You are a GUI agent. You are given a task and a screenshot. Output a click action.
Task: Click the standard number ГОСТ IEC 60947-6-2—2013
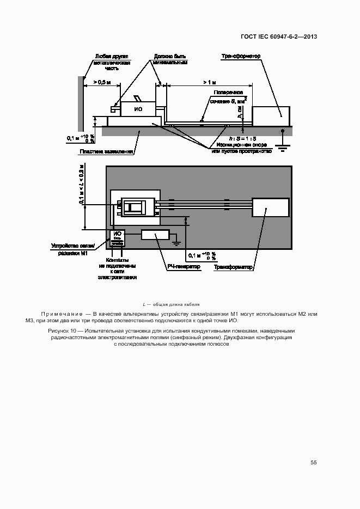point(279,37)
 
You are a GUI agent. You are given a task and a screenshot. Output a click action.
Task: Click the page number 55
point(314,462)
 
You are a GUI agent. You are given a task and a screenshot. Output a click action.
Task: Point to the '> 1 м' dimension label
point(209,82)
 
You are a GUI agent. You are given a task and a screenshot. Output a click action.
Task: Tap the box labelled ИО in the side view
point(137,109)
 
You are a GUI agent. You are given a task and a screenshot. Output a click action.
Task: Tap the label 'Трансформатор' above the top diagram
point(241,56)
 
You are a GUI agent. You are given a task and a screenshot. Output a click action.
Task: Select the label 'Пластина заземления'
point(106,151)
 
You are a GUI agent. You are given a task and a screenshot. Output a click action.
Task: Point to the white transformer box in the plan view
point(270,208)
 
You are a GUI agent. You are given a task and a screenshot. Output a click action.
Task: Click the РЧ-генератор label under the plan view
point(184,267)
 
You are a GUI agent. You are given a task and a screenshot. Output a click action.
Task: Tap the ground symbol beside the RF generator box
point(176,238)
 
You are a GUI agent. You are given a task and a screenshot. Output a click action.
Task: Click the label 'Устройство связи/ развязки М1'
point(73,248)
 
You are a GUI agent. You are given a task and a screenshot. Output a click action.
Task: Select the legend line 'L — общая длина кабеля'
point(171,304)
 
